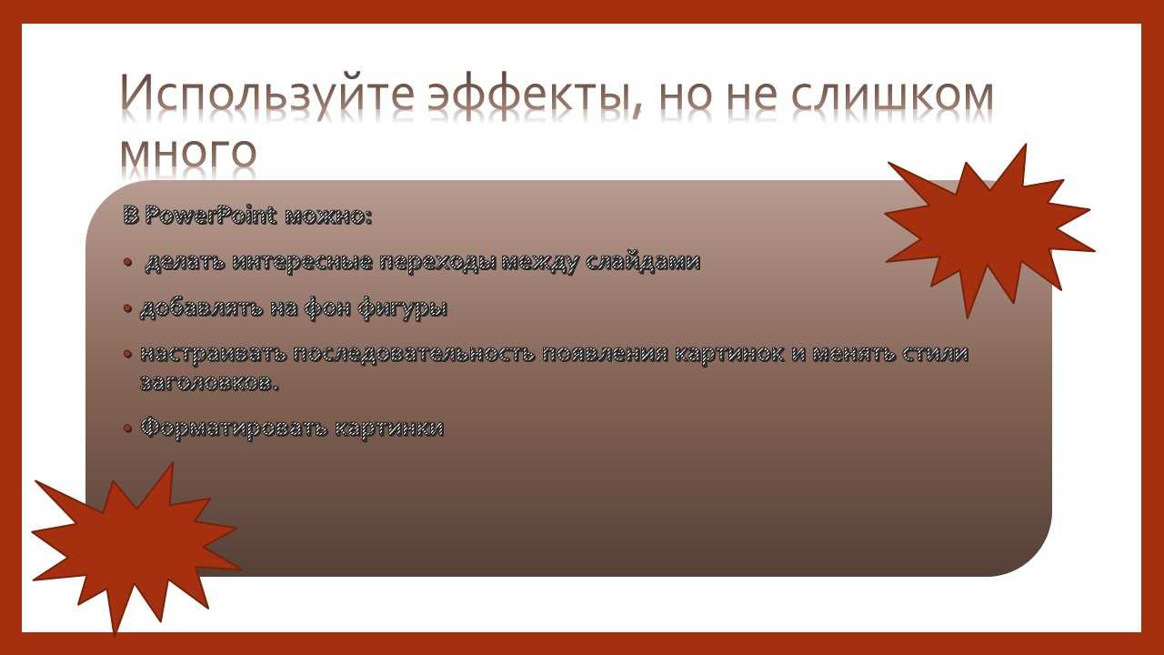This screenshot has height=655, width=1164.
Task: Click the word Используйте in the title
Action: tap(267, 96)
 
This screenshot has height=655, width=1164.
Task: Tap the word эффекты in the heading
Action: tap(535, 96)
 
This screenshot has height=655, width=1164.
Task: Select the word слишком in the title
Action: tap(892, 96)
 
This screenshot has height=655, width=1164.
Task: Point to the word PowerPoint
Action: tap(210, 216)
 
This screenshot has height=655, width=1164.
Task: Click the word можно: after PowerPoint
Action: tap(328, 217)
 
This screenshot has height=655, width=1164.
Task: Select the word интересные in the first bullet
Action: tap(303, 262)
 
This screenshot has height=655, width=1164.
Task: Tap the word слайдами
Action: tap(643, 262)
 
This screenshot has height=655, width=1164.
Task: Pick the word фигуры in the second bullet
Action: tap(402, 308)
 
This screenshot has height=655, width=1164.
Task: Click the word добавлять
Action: tap(202, 309)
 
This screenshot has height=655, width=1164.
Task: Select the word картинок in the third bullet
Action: tap(729, 355)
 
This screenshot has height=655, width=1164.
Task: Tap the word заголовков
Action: tap(209, 384)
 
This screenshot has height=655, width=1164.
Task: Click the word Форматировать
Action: tap(235, 428)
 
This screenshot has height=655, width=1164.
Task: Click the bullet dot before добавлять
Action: tap(128, 309)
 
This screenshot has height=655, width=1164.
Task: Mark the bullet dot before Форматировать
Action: tap(128, 428)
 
